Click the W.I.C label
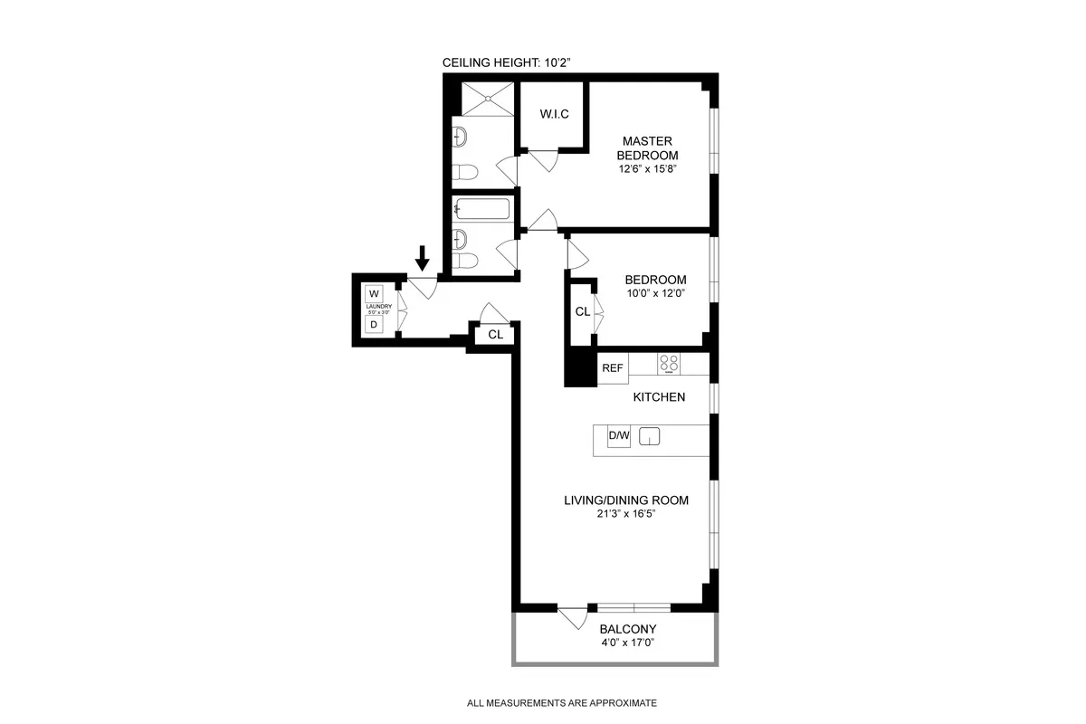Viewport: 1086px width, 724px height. point(553,114)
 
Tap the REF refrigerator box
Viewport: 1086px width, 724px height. point(613,367)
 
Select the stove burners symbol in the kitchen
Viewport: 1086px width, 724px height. point(669,364)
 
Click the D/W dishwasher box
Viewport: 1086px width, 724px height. point(618,437)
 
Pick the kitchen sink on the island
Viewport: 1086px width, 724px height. point(650,438)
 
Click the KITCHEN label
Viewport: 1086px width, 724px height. point(658,397)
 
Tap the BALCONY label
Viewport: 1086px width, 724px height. point(627,629)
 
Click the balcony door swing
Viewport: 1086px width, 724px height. point(571,619)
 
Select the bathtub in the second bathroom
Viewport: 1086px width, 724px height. point(482,210)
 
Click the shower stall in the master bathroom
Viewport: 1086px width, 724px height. point(487,99)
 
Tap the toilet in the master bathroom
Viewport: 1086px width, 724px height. point(465,172)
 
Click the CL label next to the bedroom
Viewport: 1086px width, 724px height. point(582,311)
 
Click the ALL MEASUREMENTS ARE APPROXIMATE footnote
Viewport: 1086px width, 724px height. point(561,702)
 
